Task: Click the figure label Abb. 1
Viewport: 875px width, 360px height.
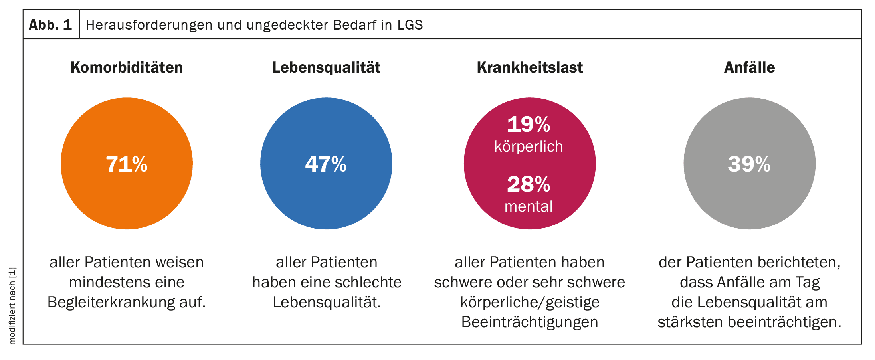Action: (x=50, y=25)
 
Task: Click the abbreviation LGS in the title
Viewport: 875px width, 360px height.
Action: (x=410, y=25)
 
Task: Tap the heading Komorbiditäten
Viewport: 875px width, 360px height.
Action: (x=127, y=67)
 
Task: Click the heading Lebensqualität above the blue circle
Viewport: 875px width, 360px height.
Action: (x=326, y=67)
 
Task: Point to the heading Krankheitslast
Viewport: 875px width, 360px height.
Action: (x=530, y=67)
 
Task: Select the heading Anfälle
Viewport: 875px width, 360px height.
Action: (x=749, y=67)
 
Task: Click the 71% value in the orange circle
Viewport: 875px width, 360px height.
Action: (x=127, y=164)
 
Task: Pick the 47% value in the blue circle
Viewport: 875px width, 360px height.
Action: (x=326, y=164)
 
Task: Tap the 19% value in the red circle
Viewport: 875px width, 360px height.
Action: (x=529, y=124)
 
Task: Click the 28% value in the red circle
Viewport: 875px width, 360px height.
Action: (x=529, y=184)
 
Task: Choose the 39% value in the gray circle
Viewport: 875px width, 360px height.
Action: (x=749, y=164)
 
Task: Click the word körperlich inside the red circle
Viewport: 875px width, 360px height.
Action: (x=529, y=147)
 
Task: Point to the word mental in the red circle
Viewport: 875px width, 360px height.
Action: (x=529, y=206)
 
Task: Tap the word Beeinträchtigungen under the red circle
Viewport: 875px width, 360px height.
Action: (x=530, y=322)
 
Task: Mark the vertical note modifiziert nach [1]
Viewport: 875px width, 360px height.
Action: (x=12, y=305)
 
